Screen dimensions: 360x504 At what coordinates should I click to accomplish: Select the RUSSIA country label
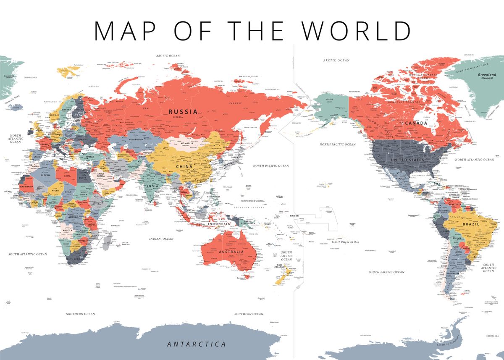[x=183, y=112]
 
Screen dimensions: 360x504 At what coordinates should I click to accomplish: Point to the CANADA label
[x=416, y=123]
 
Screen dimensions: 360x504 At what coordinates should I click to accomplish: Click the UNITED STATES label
[x=407, y=160]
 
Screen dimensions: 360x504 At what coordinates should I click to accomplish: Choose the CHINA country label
[x=184, y=167]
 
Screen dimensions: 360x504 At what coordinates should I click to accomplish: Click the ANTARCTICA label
[x=196, y=344]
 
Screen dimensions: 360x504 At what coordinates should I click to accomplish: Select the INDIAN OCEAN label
[x=161, y=239]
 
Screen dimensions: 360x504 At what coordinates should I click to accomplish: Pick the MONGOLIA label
[x=186, y=143]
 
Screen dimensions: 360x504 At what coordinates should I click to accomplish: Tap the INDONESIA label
[x=219, y=224]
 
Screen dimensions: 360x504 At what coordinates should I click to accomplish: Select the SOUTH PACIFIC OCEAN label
[x=286, y=256]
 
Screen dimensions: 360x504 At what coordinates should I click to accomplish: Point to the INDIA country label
[x=153, y=186]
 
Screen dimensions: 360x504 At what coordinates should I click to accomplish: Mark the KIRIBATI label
[x=294, y=215]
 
